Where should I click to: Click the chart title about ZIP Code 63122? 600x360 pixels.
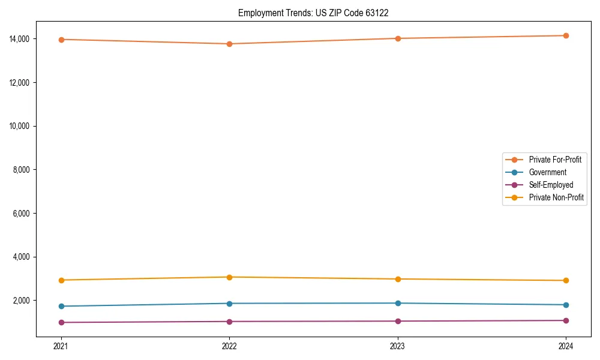pyautogui.click(x=313, y=13)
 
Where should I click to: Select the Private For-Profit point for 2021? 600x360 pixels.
pyautogui.click(x=61, y=40)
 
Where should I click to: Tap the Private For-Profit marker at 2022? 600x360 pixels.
pyautogui.click(x=229, y=44)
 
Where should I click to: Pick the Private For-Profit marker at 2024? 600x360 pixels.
pyautogui.click(x=566, y=35)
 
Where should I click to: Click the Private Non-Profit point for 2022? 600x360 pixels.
pyautogui.click(x=229, y=277)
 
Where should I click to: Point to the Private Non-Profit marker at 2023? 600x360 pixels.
pyautogui.click(x=398, y=279)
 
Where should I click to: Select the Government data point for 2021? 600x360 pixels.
pyautogui.click(x=61, y=306)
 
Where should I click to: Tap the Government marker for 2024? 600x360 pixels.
pyautogui.click(x=566, y=305)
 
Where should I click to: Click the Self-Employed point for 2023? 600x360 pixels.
pyautogui.click(x=398, y=321)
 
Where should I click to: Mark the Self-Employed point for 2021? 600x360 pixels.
pyautogui.click(x=61, y=322)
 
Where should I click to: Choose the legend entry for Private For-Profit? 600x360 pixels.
pyautogui.click(x=555, y=160)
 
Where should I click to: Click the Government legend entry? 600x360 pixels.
pyautogui.click(x=547, y=172)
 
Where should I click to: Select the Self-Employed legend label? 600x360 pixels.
pyautogui.click(x=551, y=185)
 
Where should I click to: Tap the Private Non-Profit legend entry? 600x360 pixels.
pyautogui.click(x=556, y=197)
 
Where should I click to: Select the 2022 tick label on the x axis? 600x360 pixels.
pyautogui.click(x=229, y=346)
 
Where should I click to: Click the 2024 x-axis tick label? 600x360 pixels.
pyautogui.click(x=566, y=346)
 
